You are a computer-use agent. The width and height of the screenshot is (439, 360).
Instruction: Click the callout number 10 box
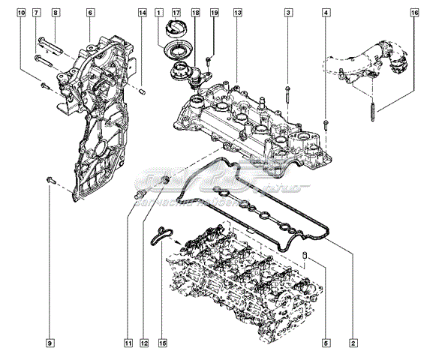click(20, 13)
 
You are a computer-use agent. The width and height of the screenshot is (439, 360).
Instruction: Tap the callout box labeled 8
click(56, 13)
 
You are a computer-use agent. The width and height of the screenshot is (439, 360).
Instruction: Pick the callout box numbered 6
click(90, 13)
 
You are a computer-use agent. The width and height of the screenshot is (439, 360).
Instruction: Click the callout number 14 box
click(142, 13)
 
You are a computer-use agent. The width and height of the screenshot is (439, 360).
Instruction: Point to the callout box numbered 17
click(176, 13)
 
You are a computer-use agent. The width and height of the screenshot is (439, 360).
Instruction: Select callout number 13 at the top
click(237, 13)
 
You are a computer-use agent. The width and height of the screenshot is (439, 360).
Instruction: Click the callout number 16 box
click(415, 13)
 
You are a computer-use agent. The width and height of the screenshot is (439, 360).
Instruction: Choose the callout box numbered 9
click(50, 343)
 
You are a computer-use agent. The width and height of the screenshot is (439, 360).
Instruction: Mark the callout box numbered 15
click(161, 343)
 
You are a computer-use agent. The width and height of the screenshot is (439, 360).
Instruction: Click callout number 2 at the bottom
click(353, 343)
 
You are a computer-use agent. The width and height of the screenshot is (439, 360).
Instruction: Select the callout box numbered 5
click(326, 343)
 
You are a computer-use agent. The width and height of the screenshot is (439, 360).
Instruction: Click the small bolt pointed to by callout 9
click(50, 179)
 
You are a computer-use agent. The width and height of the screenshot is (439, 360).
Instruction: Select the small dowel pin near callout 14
click(142, 91)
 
